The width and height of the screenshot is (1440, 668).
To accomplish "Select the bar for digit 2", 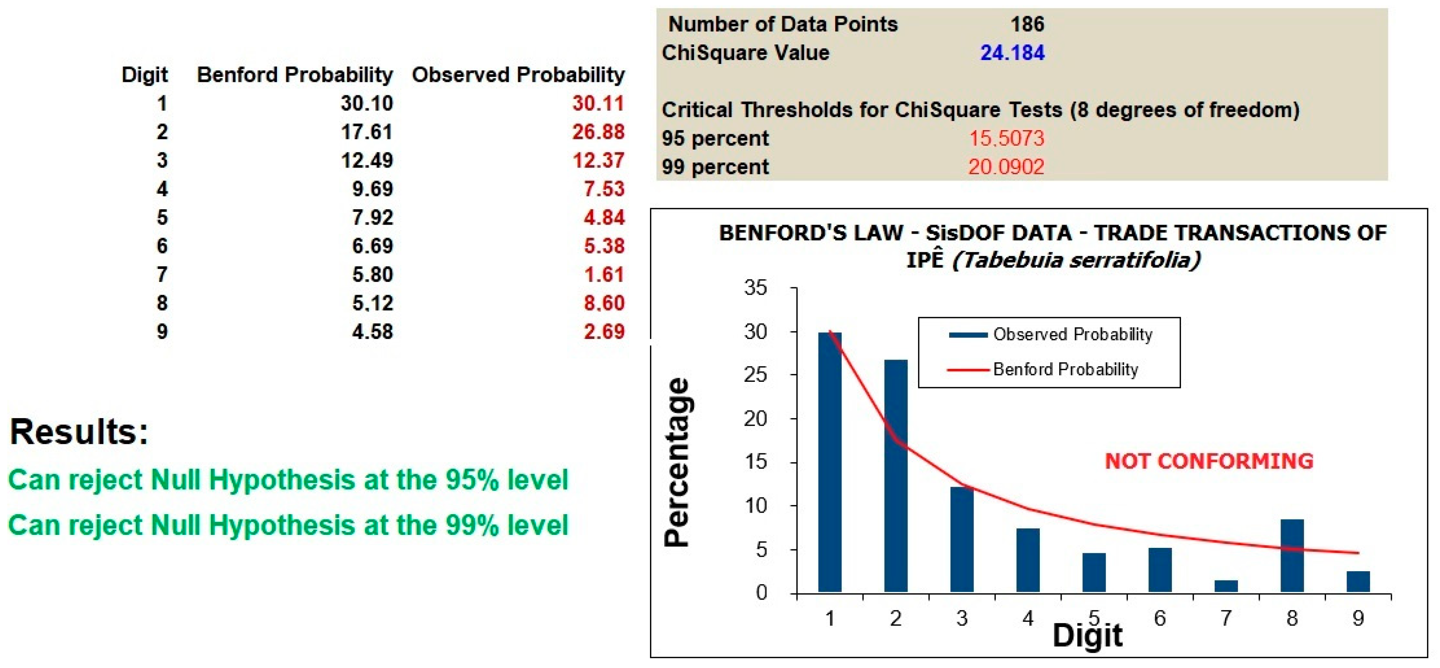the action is click(896, 476).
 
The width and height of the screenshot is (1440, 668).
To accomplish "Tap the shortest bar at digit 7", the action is click(1226, 587).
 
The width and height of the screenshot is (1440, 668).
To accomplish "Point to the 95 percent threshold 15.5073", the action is click(1006, 138).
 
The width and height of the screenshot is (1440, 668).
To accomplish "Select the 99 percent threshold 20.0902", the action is click(1006, 166).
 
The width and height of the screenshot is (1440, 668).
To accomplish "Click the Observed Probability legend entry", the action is click(1051, 334).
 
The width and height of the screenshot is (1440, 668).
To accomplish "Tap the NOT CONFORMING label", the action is click(1209, 461).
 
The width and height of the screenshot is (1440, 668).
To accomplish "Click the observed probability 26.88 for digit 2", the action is click(598, 132).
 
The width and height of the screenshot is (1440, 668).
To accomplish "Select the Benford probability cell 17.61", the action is click(367, 132).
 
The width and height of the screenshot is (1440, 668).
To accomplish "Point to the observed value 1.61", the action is click(604, 274).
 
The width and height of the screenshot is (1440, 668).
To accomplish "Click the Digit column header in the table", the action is click(145, 75).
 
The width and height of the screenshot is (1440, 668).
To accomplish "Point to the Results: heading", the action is click(79, 432).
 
